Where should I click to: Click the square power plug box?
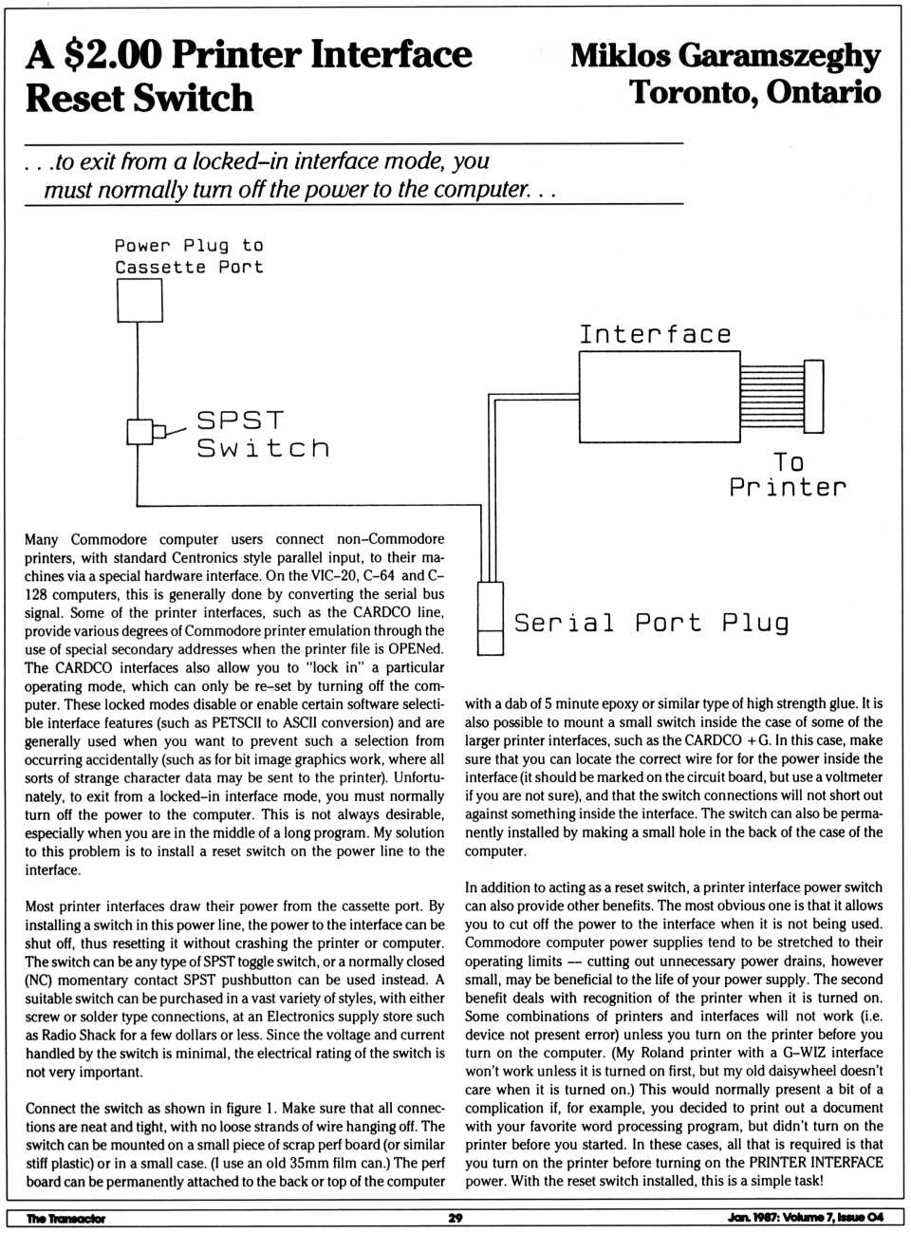139,301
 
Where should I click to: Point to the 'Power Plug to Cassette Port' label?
189,256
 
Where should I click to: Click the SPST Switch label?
263,434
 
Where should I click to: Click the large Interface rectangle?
659,397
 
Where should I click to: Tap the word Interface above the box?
655,334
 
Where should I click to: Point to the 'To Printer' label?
787,475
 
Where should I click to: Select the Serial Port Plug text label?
651,623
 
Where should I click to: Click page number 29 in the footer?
455,1218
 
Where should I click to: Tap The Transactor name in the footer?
65,1218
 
